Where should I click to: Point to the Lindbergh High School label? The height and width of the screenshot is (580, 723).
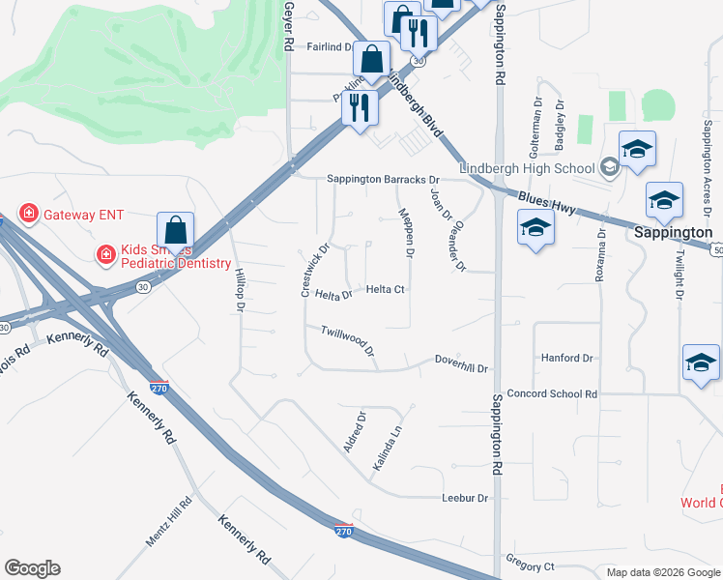click(x=527, y=168)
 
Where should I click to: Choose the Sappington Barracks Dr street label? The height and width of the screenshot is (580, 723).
click(x=383, y=179)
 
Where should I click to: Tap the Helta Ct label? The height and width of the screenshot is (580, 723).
click(x=385, y=289)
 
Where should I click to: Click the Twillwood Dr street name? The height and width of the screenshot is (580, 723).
click(x=348, y=338)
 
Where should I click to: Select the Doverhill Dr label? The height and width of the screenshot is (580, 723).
click(x=462, y=368)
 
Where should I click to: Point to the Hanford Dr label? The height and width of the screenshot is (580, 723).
click(x=567, y=358)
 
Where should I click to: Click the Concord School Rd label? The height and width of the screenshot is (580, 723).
click(x=552, y=393)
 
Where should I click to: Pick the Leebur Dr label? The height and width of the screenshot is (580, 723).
click(x=466, y=498)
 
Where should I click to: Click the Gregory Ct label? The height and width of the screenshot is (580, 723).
click(x=530, y=565)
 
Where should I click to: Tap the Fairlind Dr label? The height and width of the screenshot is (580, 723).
click(x=333, y=45)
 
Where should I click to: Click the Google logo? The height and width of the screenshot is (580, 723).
click(x=32, y=568)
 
